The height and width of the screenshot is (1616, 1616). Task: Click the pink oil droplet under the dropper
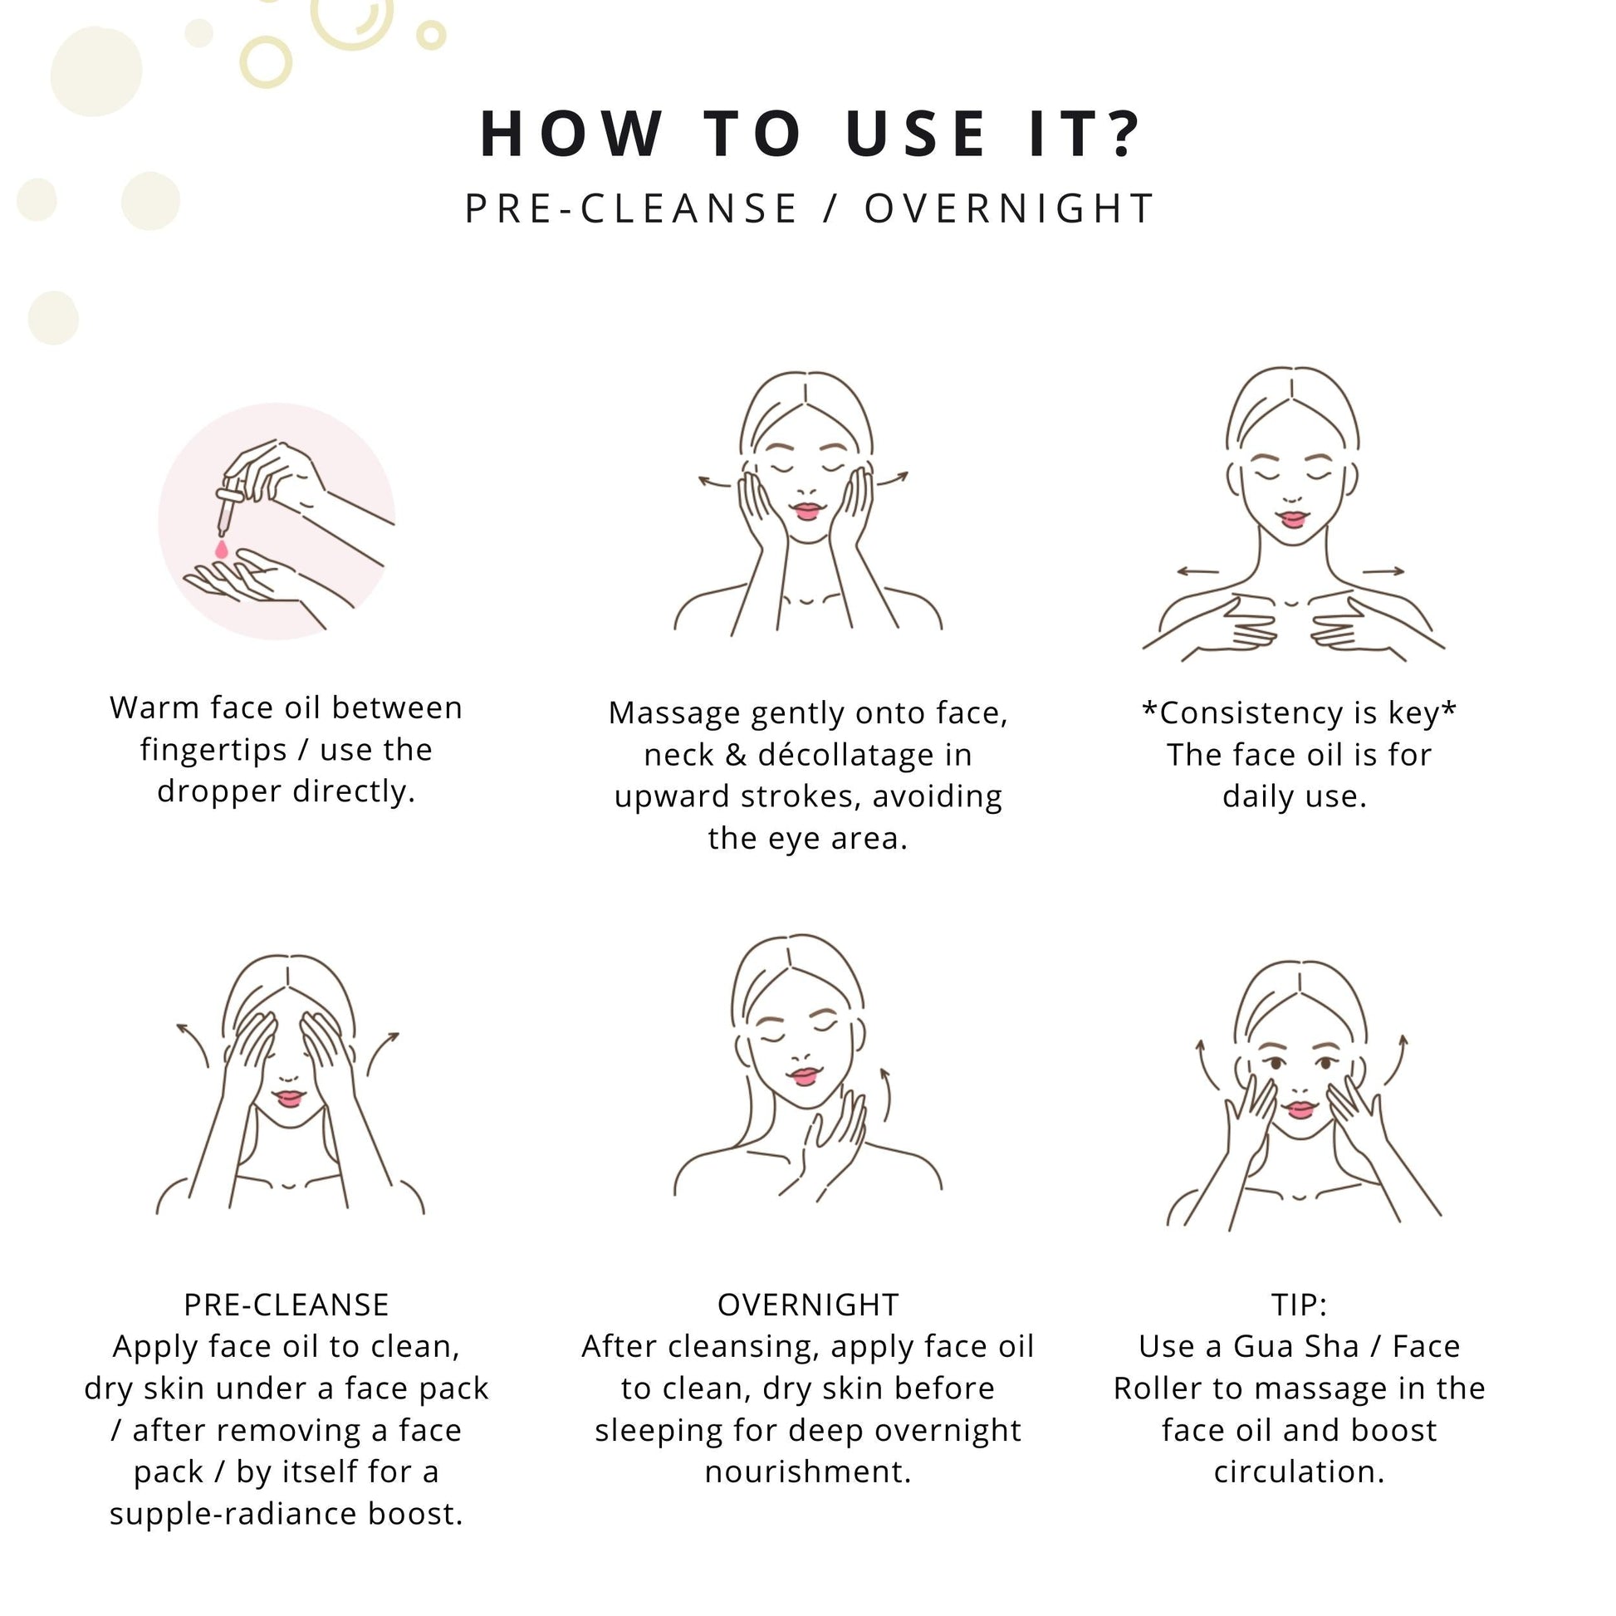point(222,550)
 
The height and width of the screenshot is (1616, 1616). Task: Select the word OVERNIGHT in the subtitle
point(1010,208)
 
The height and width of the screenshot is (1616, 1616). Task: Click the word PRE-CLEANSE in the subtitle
point(631,208)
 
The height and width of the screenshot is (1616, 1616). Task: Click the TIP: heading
point(1299,1305)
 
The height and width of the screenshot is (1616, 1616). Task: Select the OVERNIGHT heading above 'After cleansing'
point(808,1305)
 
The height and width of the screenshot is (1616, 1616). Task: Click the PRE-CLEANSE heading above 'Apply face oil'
point(286,1305)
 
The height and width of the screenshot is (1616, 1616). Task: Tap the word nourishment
point(808,1472)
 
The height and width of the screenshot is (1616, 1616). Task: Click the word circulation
point(1299,1472)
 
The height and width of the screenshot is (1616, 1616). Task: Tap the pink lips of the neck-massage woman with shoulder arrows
point(1293,520)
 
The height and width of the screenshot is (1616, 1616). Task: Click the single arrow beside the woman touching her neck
point(887,1094)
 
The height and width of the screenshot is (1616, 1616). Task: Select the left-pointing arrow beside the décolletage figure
point(1197,572)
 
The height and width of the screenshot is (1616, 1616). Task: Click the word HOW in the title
point(571,133)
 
